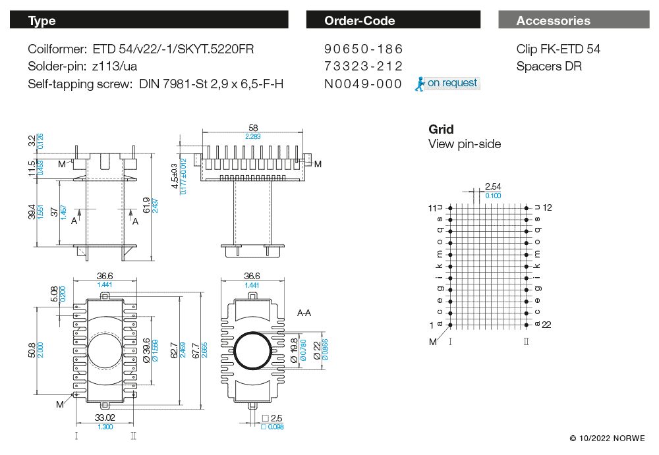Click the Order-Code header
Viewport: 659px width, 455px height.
(359, 20)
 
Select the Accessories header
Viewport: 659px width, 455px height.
(553, 20)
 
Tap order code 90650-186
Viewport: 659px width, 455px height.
(363, 49)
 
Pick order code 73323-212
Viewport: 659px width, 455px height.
(363, 66)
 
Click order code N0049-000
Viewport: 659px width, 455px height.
(363, 84)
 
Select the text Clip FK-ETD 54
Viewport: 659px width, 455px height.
(558, 49)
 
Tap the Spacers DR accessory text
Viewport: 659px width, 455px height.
(549, 66)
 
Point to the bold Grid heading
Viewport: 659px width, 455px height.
(441, 129)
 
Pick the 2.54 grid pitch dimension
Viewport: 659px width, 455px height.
(492, 187)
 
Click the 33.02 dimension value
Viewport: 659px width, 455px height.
(105, 417)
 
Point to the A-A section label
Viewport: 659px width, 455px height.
(304, 313)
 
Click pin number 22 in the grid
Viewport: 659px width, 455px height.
(546, 325)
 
